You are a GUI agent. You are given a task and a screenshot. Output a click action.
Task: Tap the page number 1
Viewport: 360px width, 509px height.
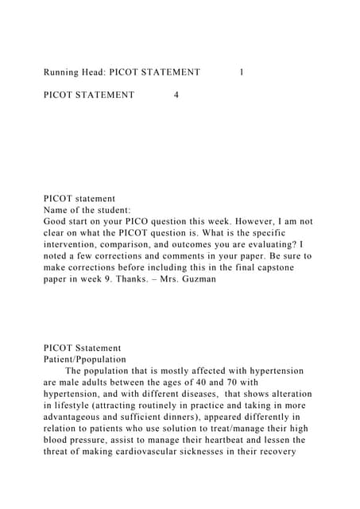pos(242,72)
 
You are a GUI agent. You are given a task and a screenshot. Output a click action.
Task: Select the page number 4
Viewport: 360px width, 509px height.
pos(176,95)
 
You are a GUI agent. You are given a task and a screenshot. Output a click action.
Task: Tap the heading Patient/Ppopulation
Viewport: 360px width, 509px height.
pos(85,359)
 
